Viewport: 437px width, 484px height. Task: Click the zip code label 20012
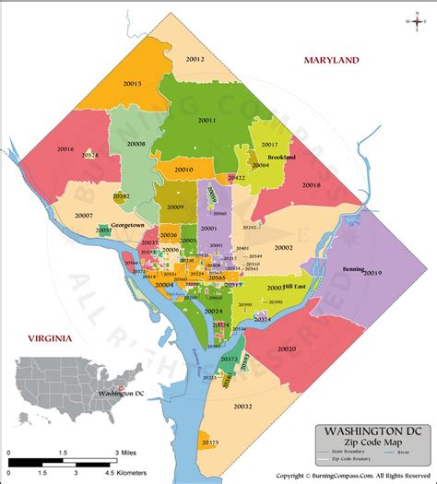pos(195,59)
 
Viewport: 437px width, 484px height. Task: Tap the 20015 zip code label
pos(132,83)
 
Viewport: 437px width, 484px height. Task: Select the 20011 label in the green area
pos(207,120)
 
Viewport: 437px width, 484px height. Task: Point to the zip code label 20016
pos(65,148)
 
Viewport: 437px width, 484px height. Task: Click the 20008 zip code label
pos(136,144)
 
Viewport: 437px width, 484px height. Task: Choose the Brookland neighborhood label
pos(282,158)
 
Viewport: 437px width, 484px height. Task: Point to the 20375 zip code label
pos(210,443)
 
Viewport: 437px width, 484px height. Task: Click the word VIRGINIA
pos(49,338)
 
